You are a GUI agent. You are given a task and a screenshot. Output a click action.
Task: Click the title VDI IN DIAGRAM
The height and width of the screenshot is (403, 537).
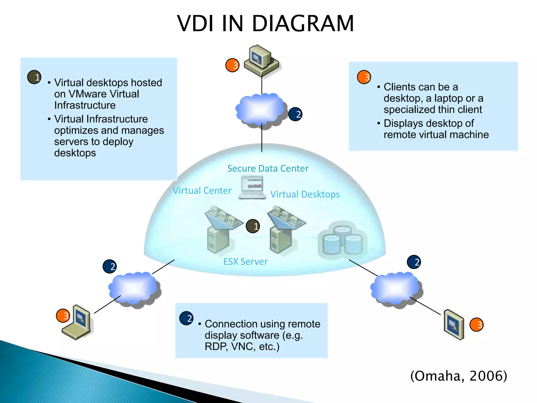point(265,24)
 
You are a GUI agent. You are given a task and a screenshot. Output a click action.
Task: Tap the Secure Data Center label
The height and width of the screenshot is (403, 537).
point(268,168)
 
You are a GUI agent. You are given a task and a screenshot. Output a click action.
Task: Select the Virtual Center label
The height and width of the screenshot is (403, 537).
point(202,190)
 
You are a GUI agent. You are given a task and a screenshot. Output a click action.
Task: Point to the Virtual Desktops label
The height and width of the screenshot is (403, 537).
point(305,194)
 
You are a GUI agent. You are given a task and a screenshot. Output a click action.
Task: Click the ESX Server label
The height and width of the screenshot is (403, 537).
point(245,262)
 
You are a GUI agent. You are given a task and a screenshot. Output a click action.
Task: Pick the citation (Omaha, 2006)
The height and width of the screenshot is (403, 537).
point(459,376)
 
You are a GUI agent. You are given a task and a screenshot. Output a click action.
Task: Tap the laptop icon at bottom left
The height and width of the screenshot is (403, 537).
point(77,322)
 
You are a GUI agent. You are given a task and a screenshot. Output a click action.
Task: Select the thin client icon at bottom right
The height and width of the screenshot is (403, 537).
point(454,324)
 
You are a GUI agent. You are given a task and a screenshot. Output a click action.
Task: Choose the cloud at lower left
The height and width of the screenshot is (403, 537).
point(134,289)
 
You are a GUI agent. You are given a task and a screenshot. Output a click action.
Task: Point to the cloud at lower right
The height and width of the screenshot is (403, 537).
point(395,289)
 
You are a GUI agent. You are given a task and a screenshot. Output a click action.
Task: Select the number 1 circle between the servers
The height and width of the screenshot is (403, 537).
point(253,226)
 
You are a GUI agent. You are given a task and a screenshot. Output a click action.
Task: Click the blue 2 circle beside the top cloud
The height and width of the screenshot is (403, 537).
point(295,114)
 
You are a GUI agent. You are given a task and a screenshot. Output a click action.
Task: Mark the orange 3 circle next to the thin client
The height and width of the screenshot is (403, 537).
point(476,325)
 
